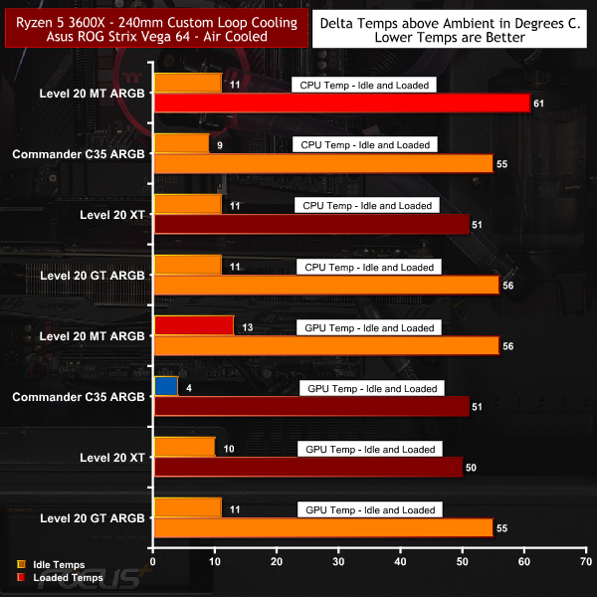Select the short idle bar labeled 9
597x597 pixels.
[x=180, y=144]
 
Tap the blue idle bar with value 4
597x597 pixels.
[x=165, y=386]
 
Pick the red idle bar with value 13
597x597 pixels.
[x=193, y=325]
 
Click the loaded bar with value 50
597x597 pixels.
[x=307, y=468]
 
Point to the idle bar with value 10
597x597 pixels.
[x=183, y=447]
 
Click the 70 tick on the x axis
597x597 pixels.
[x=586, y=562]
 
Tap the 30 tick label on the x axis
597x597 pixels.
[x=338, y=562]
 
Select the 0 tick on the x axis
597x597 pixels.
[x=152, y=562]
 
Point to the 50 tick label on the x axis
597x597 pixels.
[x=462, y=562]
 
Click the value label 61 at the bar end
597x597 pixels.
[x=538, y=103]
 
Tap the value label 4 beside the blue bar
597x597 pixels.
[x=188, y=386]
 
